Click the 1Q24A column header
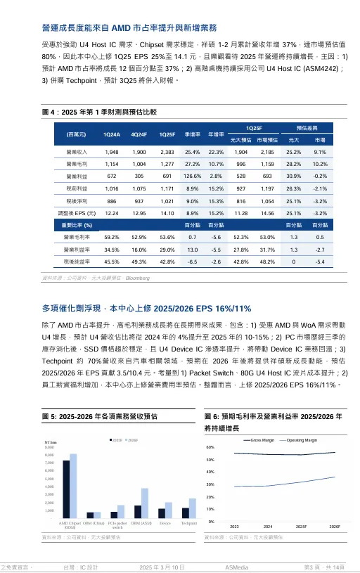[x=112, y=134]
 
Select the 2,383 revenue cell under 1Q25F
[x=167, y=152]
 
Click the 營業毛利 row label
[x=76, y=164]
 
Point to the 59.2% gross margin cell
[x=112, y=238]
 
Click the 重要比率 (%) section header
[x=78, y=225]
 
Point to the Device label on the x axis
[x=165, y=523]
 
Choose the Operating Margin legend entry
[x=302, y=439]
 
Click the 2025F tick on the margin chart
[x=301, y=526]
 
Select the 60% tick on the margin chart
[x=210, y=447]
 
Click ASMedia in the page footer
[x=236, y=566]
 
